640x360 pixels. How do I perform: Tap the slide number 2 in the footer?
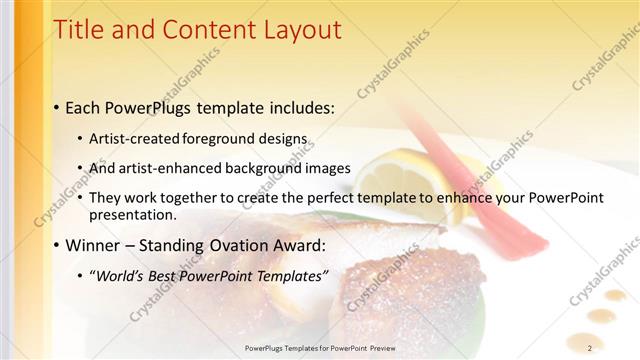[x=589, y=347]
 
